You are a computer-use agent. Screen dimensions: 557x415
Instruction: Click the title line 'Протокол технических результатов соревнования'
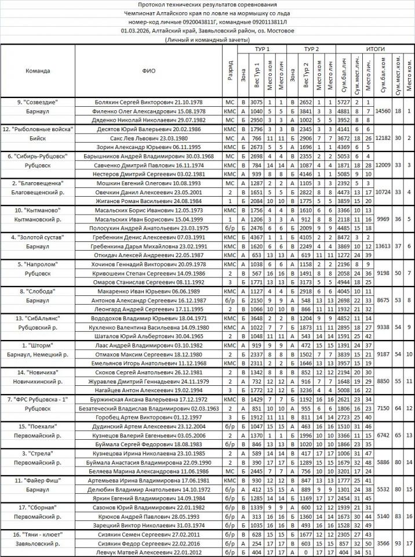click(208, 5)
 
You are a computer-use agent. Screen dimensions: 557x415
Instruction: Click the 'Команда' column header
click(38, 71)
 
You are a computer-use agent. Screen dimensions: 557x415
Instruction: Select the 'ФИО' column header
click(148, 71)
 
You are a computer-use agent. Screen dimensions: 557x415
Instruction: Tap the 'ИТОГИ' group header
click(376, 49)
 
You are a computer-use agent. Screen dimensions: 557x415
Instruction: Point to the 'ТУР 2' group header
click(311, 49)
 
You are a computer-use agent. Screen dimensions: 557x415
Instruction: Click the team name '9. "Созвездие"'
click(38, 102)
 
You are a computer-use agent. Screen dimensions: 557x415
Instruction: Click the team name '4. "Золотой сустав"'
click(38, 237)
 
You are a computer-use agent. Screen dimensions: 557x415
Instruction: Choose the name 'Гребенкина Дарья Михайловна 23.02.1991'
click(148, 246)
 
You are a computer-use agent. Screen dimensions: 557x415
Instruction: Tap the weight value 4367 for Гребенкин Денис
click(257, 237)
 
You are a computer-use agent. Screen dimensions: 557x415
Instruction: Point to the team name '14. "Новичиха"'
click(38, 371)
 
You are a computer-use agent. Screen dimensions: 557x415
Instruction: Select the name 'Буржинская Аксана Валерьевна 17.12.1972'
click(148, 400)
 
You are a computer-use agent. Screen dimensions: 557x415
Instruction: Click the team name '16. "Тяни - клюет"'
click(38, 534)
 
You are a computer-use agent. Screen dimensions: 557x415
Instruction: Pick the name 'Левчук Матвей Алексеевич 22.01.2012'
click(148, 552)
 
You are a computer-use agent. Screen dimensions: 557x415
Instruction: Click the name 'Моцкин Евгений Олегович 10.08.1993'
click(148, 183)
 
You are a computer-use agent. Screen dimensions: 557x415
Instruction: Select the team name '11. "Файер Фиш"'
click(38, 480)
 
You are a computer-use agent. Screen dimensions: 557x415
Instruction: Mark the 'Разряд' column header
click(230, 71)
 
